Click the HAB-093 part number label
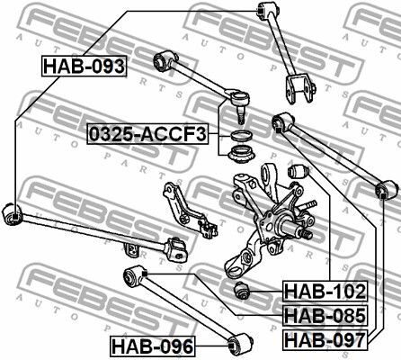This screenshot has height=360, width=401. [x=84, y=67]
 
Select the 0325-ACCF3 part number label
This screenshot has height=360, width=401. [x=147, y=134]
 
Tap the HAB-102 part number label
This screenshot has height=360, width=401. [x=325, y=292]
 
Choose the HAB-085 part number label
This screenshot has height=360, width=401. [x=325, y=315]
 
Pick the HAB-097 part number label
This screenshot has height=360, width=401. [x=325, y=339]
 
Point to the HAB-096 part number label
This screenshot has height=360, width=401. [x=153, y=346]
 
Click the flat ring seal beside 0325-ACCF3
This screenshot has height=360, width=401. [x=242, y=136]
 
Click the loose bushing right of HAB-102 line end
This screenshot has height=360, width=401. [x=242, y=291]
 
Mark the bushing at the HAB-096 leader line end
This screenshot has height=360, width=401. [x=240, y=344]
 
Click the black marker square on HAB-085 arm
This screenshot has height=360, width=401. [x=145, y=274]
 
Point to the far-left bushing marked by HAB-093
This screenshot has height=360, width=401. [x=13, y=213]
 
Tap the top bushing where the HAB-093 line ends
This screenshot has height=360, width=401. [x=269, y=10]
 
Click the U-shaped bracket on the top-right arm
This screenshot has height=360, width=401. [x=300, y=89]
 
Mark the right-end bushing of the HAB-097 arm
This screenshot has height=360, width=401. [x=388, y=190]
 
